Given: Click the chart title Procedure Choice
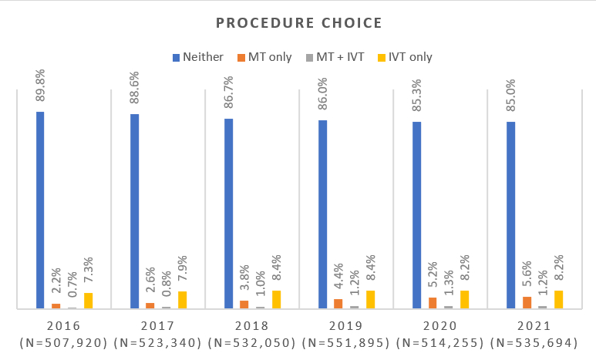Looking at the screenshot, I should pos(298,22).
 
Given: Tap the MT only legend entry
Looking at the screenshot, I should pos(264,56).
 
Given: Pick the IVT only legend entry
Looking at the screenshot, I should pos(406,56).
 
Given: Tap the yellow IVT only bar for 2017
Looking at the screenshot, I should pos(182,300).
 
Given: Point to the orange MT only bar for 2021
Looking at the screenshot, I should pos(527,302).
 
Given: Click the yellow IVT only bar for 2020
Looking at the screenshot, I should pos(464,299).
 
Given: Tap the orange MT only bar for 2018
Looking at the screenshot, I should pos(244,304).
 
